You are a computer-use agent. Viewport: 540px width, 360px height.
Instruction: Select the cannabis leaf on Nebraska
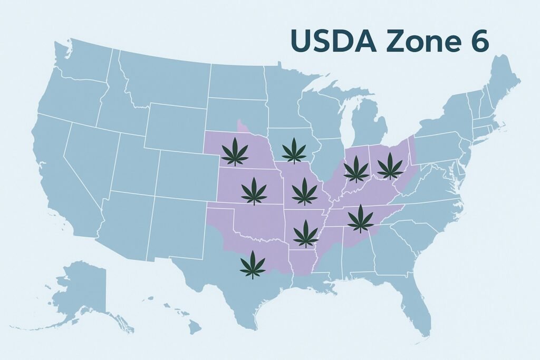coord(235,152)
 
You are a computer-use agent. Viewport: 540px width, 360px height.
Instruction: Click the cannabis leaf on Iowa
coord(294,151)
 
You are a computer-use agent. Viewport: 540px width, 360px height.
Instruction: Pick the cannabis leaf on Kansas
coord(254,191)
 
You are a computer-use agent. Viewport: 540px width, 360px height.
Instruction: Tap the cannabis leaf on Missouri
coord(304,191)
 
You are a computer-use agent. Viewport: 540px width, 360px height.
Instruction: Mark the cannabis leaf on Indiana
coord(356,169)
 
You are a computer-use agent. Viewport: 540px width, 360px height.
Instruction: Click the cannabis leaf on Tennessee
coord(361,219)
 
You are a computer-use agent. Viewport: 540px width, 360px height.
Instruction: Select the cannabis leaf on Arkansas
coord(306,233)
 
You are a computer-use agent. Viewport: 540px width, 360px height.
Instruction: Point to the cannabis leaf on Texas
coord(253,265)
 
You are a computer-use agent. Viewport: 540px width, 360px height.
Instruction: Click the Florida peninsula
coord(417,306)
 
